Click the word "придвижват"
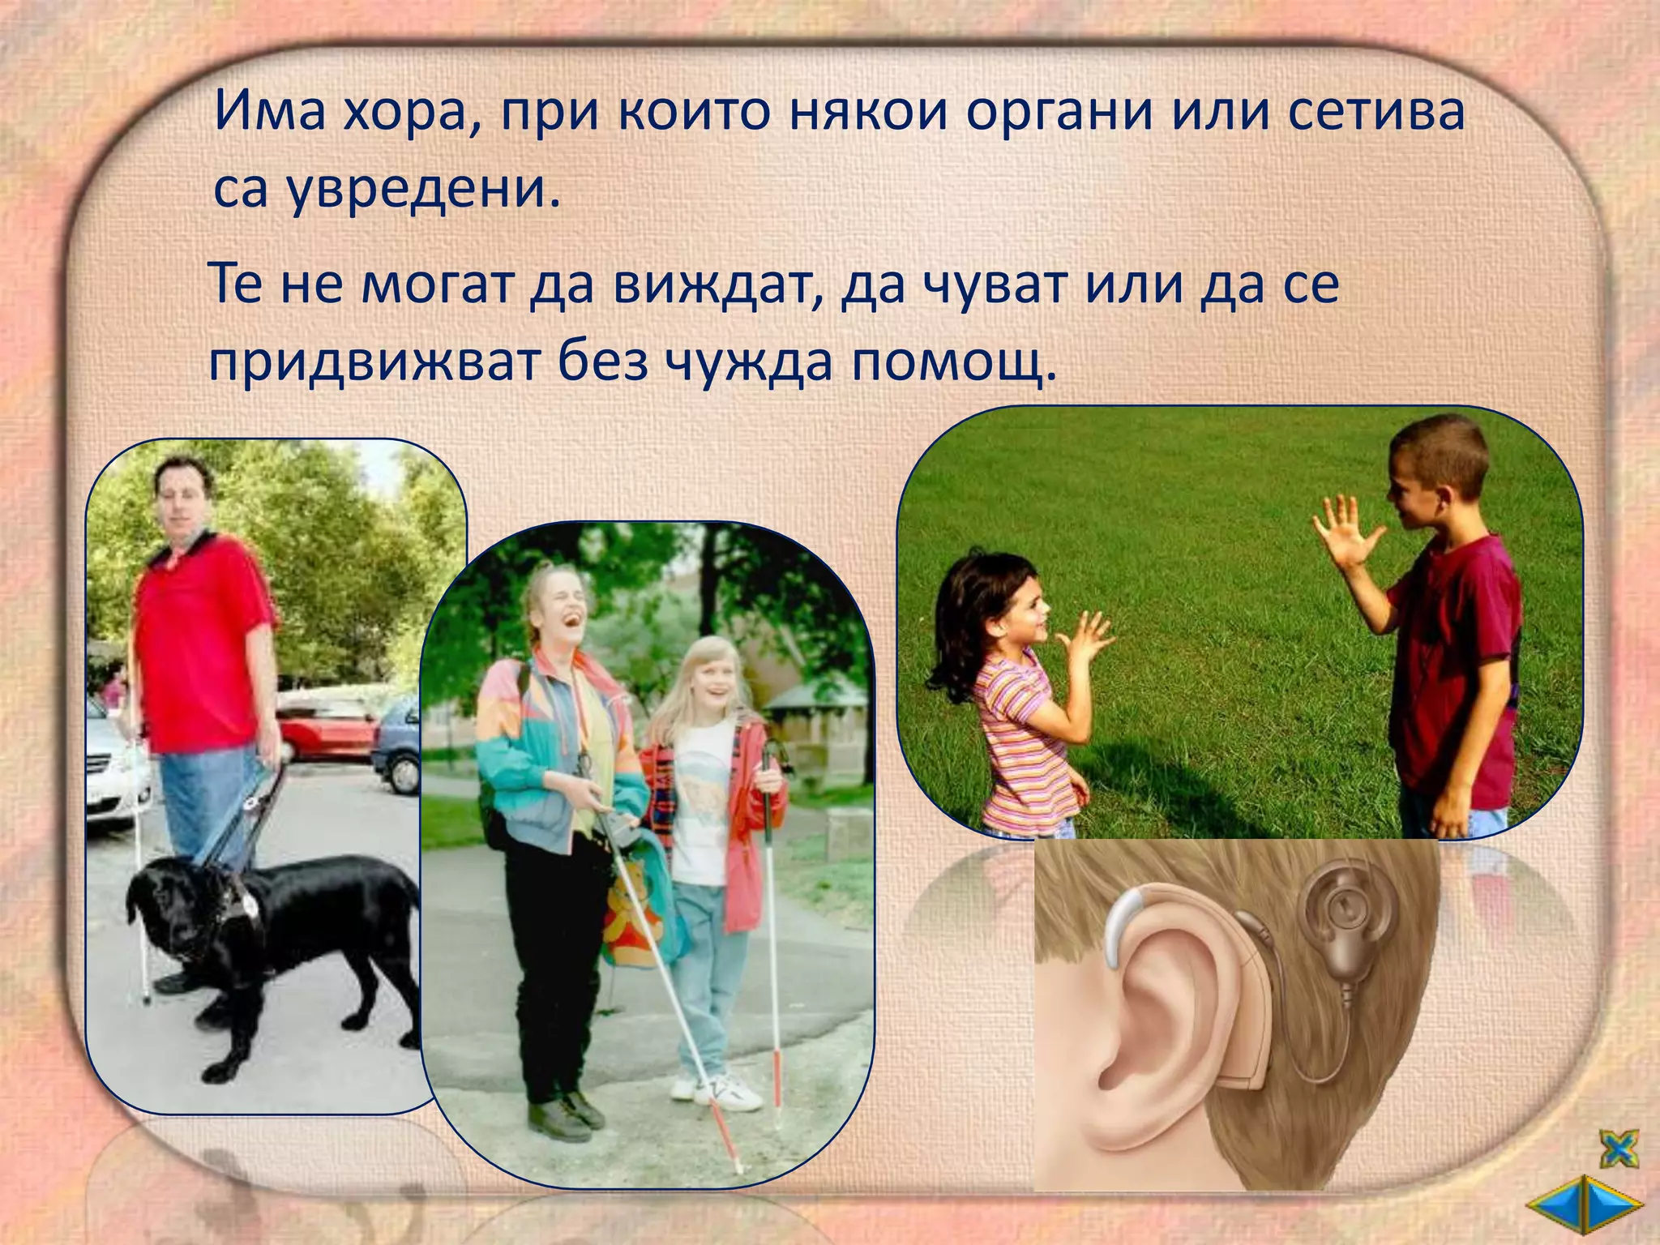[x=373, y=362]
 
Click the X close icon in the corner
[x=1618, y=1148]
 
